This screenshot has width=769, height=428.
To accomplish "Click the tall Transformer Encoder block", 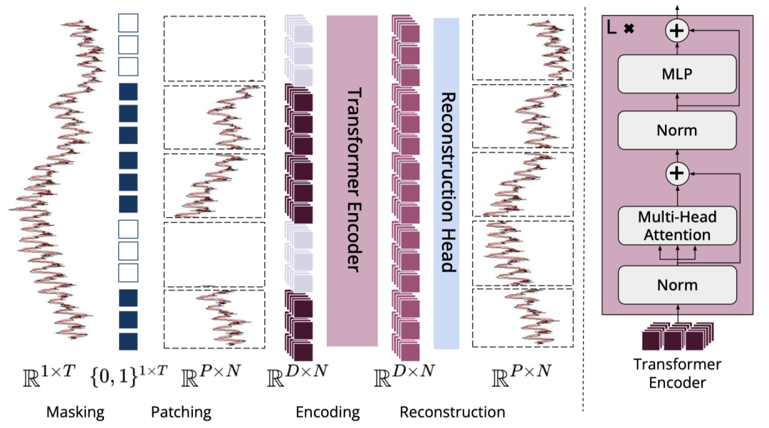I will point(352,181).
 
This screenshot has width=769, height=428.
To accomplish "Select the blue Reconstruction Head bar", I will point(446,183).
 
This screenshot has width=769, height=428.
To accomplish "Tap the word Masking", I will point(75,412).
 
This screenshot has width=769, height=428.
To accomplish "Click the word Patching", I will point(181,412).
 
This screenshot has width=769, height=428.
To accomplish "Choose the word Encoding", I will point(328,412).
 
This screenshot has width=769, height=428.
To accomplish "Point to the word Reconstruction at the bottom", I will point(452,412).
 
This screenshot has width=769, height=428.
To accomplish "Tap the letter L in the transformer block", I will point(611,29).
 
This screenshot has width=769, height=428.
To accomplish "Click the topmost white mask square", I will point(128,23).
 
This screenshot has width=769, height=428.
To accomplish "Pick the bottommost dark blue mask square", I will point(128,341).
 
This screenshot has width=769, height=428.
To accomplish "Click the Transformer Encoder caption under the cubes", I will point(677,373).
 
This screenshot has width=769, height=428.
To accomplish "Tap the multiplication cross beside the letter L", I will point(629,30).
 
